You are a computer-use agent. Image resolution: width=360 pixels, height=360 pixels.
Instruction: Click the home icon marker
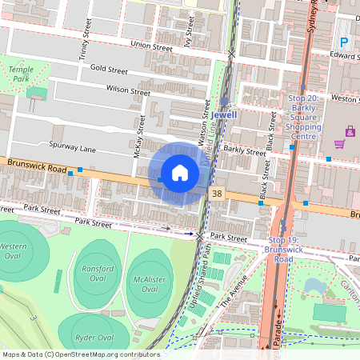point(179,173)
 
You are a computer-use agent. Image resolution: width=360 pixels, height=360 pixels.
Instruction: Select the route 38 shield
point(218,194)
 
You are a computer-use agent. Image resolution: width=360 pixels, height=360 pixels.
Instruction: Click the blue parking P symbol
point(345,42)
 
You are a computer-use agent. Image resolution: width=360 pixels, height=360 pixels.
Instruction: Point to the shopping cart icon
point(339,144)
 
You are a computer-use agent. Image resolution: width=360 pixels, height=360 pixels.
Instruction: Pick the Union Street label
point(151,47)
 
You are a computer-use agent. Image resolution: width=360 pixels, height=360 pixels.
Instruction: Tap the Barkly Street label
point(244,150)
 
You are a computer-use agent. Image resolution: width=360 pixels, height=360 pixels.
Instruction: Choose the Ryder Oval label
point(94,337)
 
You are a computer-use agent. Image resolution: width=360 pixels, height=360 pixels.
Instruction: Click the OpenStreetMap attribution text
point(80,354)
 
